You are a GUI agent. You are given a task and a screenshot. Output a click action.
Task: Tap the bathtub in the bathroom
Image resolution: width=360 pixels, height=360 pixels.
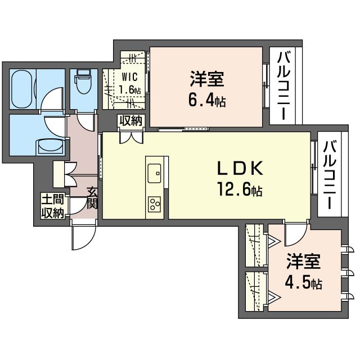pyautogui.click(x=22, y=89)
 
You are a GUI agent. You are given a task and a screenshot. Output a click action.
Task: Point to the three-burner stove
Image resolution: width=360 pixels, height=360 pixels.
pyautogui.click(x=154, y=204)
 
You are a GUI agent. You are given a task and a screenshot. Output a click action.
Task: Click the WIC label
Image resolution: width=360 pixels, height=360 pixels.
pyautogui.click(x=130, y=77)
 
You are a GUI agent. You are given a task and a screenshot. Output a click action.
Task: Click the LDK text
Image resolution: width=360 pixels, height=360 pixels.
pyautogui.click(x=240, y=168)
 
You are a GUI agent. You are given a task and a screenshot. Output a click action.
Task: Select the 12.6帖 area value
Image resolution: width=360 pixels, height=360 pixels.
pyautogui.click(x=240, y=190)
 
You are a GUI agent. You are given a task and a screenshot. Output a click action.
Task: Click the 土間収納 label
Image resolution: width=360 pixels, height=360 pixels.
pyautogui.click(x=52, y=206)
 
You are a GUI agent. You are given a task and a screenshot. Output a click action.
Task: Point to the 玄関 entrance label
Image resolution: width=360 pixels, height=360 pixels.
pyautogui.click(x=92, y=199)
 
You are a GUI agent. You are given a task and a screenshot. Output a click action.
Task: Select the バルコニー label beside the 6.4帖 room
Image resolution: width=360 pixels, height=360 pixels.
pyautogui.click(x=283, y=86)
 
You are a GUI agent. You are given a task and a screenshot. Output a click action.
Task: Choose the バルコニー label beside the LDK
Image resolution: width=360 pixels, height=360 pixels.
pyautogui.click(x=330, y=175)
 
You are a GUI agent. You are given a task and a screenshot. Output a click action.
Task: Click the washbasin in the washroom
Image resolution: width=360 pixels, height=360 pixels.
pyautogui.click(x=51, y=146)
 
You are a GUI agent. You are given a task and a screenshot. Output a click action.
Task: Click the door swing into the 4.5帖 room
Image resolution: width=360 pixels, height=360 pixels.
pyautogui.click(x=296, y=234)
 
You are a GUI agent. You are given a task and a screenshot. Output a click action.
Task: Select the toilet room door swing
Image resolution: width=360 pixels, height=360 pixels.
pyautogui.click(x=85, y=121)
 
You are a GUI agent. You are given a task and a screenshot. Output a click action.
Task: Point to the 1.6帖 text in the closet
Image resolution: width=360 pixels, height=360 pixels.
pyautogui.click(x=130, y=89)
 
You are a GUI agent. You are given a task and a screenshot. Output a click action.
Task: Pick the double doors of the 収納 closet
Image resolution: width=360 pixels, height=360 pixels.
pyautogui.click(x=131, y=137)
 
